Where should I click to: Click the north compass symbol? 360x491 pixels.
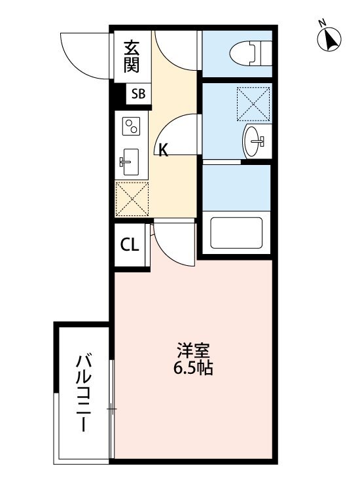(330, 40)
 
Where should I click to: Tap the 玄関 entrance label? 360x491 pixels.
(132, 56)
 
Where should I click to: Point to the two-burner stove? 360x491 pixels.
(132, 125)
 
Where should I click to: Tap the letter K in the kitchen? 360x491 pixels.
(163, 150)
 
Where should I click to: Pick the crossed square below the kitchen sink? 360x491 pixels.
(134, 198)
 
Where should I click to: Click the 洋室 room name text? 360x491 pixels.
(192, 350)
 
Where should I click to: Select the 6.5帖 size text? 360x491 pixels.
(192, 368)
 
